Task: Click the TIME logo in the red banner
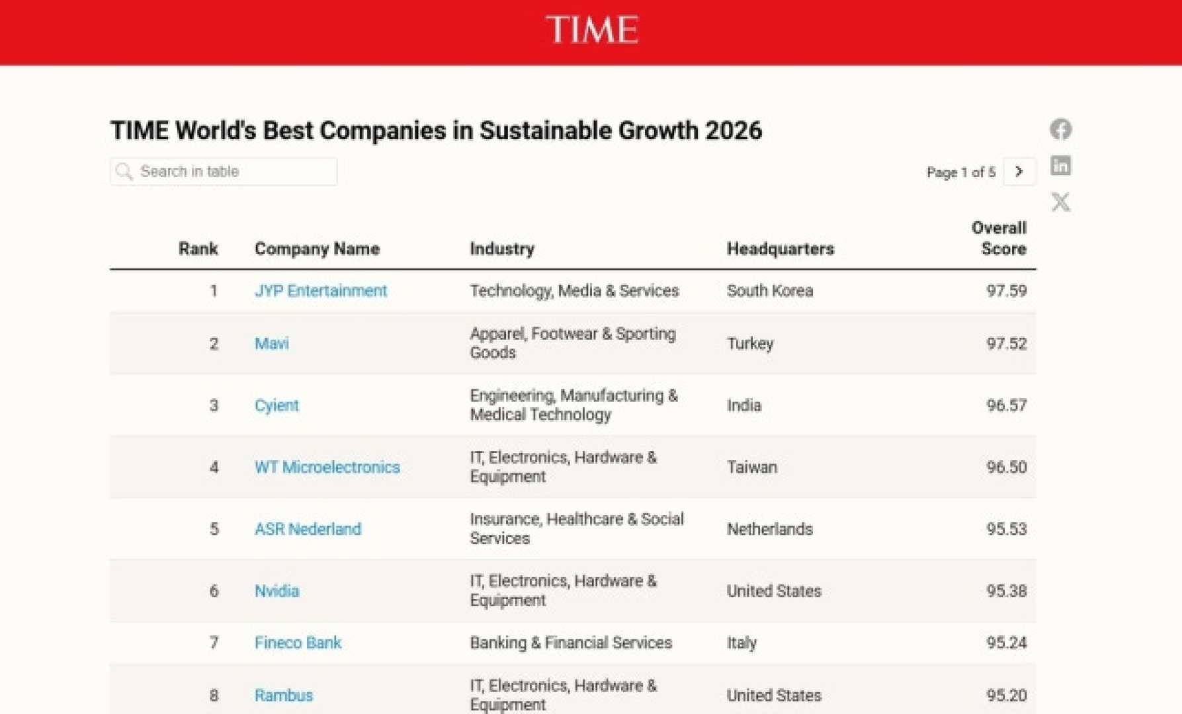coord(592,30)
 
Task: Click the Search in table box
coord(224,172)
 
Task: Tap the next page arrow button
coord(1019,172)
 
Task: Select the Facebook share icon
coord(1061,129)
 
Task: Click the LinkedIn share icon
coord(1061,165)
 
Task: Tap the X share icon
coord(1061,202)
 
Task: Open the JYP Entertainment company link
coord(321,291)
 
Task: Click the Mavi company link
coord(272,344)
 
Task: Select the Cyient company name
coord(276,405)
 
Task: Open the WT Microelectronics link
coord(327,467)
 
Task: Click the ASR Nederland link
coord(308,529)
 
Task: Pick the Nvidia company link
coord(277,591)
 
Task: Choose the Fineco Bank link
coord(298,643)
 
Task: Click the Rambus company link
coord(284,695)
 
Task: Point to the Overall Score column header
coord(999,239)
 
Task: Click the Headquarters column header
coord(781,249)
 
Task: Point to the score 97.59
coord(1006,291)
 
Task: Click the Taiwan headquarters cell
coord(752,467)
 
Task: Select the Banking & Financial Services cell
coord(571,643)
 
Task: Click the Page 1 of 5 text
coord(960,173)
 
